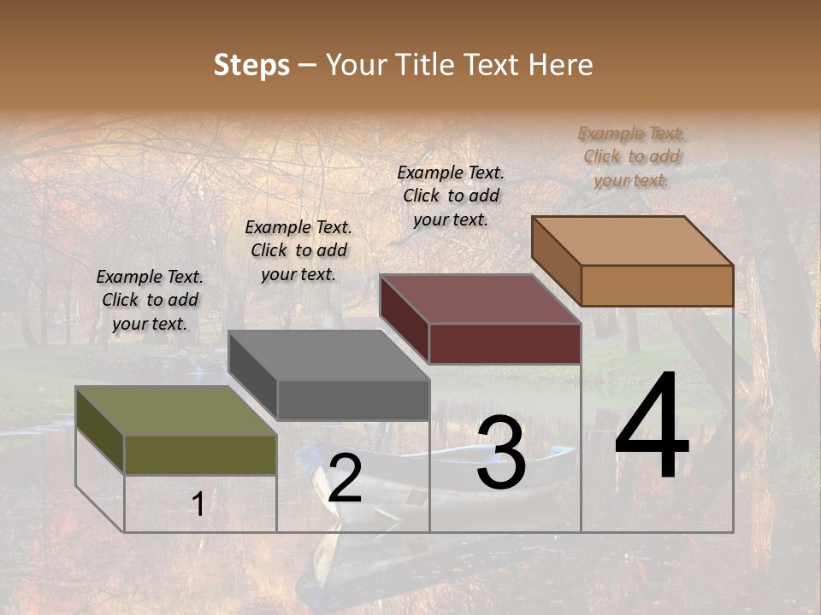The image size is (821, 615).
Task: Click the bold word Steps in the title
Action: point(251,65)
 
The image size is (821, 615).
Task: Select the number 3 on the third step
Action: point(501,454)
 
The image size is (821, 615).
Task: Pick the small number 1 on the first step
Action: point(198,505)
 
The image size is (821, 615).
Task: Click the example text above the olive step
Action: point(150,300)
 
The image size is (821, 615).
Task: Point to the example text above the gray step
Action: point(298,250)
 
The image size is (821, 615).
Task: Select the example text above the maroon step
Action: point(451,196)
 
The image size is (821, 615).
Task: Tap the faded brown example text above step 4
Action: point(631,156)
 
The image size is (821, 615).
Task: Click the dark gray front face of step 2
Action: point(353,400)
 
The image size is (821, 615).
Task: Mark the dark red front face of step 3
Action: point(505,344)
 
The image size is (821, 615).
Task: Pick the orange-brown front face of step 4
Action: point(657,285)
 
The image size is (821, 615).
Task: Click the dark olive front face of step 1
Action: point(200,455)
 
